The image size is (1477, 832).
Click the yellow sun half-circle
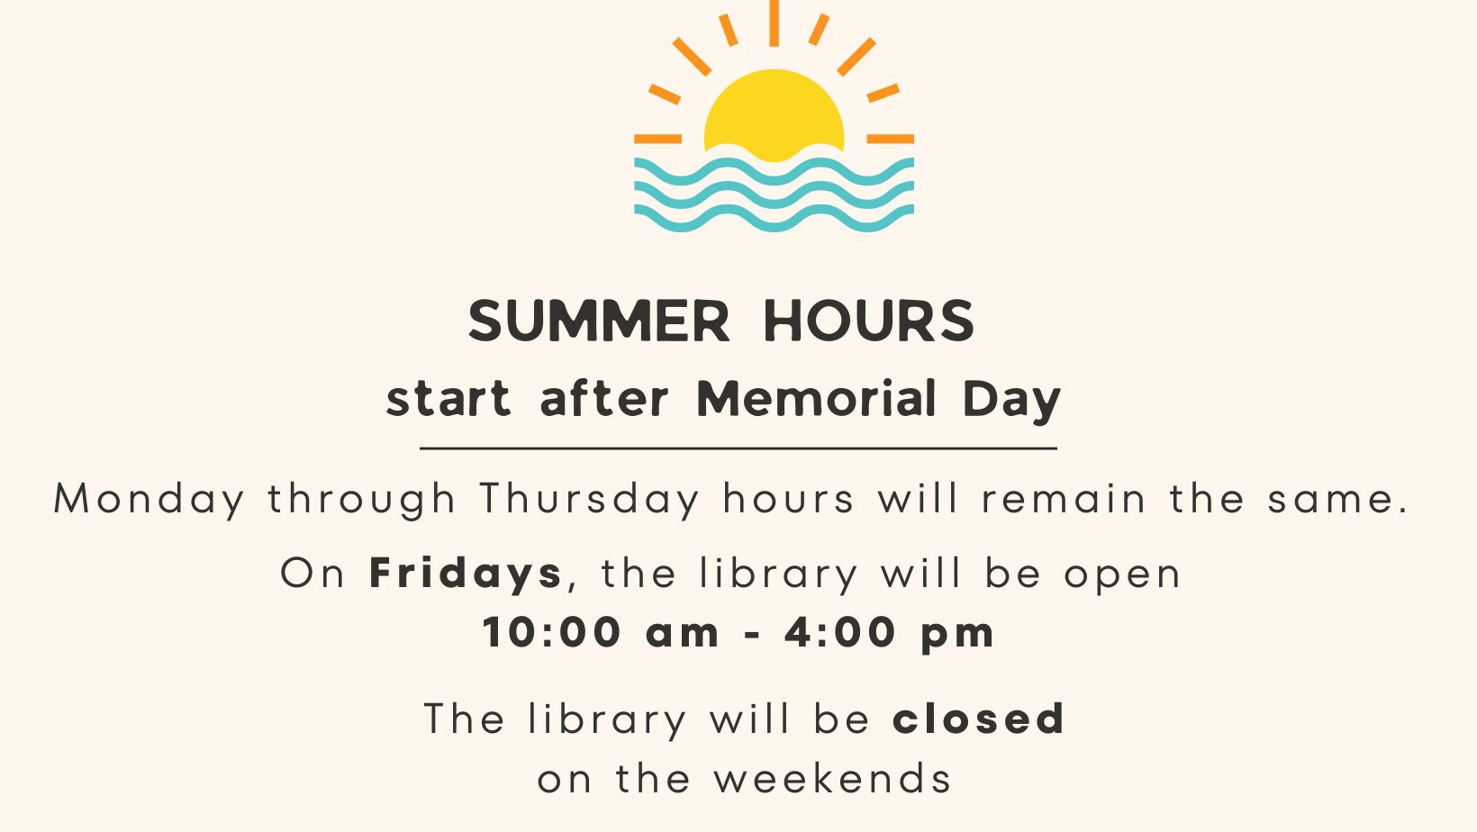[775, 112]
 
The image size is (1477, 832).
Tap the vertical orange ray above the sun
[775, 23]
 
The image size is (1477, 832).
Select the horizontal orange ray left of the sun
[657, 139]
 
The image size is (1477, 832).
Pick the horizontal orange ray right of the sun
[890, 139]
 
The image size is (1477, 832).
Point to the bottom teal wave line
[775, 218]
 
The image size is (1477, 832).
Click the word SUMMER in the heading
[599, 321]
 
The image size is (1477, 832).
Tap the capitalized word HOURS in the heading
[868, 321]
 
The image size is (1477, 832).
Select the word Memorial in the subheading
[816, 399]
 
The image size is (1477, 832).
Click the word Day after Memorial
[1011, 402]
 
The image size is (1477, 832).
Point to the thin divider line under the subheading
[738, 448]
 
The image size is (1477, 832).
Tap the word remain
[1064, 499]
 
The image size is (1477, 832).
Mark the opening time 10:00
[551, 633]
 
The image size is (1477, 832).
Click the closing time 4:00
[839, 633]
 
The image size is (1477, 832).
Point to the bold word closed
[978, 718]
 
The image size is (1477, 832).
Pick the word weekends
[833, 779]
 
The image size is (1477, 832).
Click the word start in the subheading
[449, 400]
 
